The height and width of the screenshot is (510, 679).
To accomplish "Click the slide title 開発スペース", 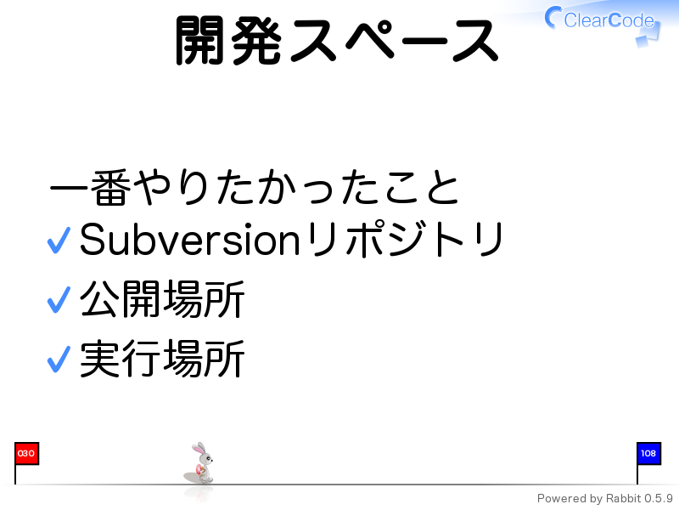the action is [x=337, y=40].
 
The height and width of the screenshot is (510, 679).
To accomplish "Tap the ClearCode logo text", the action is [x=609, y=20].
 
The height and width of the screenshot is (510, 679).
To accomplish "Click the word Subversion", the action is [x=189, y=240].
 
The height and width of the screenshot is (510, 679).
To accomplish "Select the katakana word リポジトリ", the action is [x=405, y=239].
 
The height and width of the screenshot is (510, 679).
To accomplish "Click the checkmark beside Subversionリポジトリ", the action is [x=59, y=241].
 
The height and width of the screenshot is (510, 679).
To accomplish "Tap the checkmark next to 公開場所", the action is [x=59, y=300].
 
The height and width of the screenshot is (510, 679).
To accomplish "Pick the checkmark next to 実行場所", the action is [x=59, y=360].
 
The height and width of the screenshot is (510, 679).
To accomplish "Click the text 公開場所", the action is [x=162, y=299].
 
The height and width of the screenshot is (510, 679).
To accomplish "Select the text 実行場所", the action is [x=162, y=359].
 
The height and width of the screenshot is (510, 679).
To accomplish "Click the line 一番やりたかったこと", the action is [x=255, y=187].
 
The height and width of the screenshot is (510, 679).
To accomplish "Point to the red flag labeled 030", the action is [x=26, y=454].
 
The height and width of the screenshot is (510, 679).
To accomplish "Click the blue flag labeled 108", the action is [x=648, y=454].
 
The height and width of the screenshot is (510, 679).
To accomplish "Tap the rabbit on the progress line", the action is [x=201, y=463].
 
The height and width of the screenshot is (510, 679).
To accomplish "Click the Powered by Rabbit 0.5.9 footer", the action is [x=604, y=499].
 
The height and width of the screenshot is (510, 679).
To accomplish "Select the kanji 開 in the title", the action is [x=199, y=40].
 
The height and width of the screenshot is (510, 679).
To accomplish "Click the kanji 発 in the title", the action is [x=257, y=40].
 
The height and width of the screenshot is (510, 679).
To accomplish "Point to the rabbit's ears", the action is [x=199, y=449].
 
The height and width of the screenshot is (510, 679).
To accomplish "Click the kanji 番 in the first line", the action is [x=111, y=187].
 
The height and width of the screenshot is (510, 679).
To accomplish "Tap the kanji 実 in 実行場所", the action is [x=99, y=359].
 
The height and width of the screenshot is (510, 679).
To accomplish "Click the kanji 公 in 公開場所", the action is [x=99, y=299].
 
